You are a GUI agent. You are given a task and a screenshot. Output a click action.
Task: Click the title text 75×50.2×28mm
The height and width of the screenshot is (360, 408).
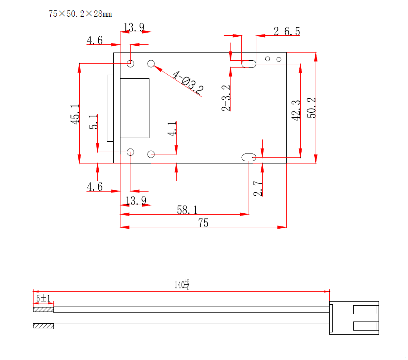click(80, 14)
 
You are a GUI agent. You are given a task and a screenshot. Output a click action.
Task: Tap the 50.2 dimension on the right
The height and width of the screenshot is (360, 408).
click(312, 108)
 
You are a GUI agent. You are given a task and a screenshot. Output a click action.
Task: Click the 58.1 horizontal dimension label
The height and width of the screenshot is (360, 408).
click(187, 210)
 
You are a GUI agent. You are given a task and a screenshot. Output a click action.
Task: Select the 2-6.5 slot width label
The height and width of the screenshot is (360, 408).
click(287, 31)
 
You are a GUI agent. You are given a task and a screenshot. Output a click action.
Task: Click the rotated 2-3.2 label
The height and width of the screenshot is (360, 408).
click(226, 98)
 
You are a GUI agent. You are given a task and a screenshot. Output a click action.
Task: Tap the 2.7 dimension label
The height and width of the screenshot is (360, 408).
click(258, 188)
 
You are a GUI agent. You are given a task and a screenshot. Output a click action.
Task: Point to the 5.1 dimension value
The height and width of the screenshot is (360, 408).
click(93, 122)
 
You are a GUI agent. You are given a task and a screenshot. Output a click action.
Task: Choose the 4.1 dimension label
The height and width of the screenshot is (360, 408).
click(172, 129)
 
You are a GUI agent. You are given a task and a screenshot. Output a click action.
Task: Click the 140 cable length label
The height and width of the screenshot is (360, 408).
click(182, 285)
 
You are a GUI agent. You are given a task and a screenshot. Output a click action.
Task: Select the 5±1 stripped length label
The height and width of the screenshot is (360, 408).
click(43, 298)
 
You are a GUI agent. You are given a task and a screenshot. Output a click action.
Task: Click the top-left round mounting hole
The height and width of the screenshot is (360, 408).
click(130, 63)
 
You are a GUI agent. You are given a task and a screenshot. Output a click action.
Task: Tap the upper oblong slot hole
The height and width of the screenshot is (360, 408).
click(249, 64)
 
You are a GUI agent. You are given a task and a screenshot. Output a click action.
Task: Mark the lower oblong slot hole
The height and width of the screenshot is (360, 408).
click(249, 158)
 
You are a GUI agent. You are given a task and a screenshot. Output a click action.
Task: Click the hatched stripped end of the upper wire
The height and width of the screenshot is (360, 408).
click(43, 310)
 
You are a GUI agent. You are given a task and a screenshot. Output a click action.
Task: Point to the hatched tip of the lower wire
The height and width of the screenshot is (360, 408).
click(43, 326)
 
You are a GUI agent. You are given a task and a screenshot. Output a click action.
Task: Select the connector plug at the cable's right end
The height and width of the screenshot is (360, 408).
click(354, 317)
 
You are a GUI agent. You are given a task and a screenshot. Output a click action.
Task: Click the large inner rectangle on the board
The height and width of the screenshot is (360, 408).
click(134, 108)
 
